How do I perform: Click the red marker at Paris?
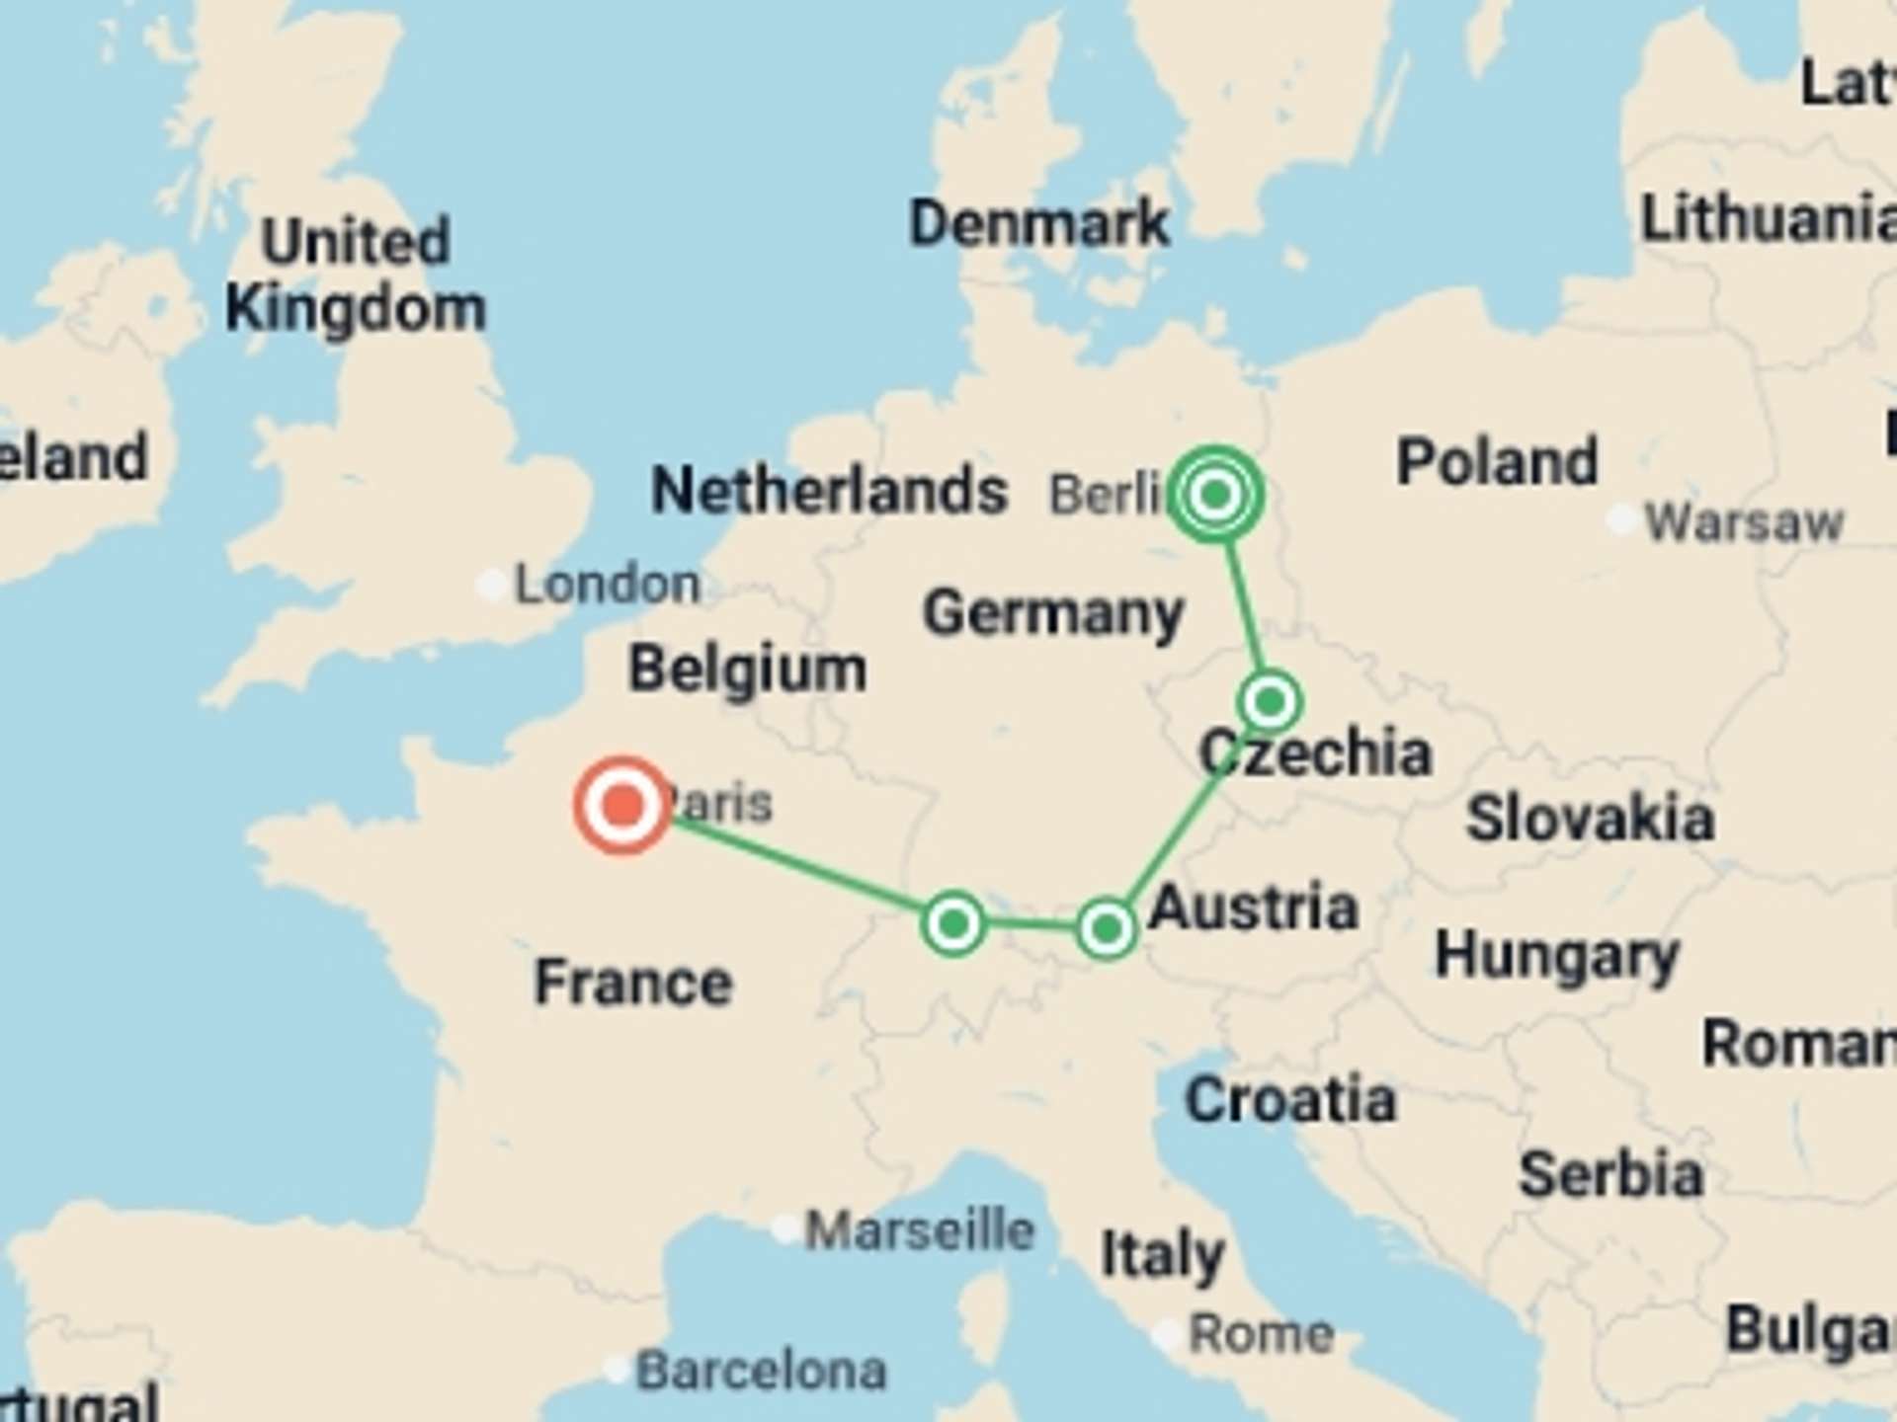(622, 805)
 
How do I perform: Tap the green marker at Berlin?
(1215, 493)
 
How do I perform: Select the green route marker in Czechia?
(1270, 702)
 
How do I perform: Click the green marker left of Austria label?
(1107, 928)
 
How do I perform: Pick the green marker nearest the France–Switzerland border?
(953, 924)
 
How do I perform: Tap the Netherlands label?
(829, 490)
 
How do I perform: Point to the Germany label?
(1053, 613)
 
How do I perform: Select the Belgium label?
(748, 670)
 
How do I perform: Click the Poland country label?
(1497, 461)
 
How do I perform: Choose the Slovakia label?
(1590, 819)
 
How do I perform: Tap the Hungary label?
(1557, 956)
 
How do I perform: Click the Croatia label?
(1290, 1099)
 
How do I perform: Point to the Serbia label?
(1611, 1174)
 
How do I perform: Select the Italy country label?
(1163, 1255)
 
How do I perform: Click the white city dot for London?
(491, 585)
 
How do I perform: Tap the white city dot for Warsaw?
(1621, 519)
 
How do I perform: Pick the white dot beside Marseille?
(785, 1229)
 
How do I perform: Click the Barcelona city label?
(761, 1371)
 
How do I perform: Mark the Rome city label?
(1262, 1334)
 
